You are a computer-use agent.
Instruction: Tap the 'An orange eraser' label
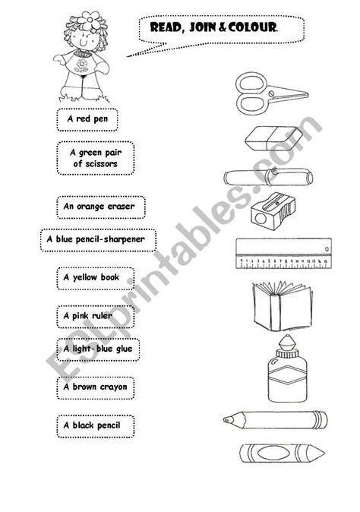(100, 206)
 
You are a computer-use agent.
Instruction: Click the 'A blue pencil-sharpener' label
(95, 240)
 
